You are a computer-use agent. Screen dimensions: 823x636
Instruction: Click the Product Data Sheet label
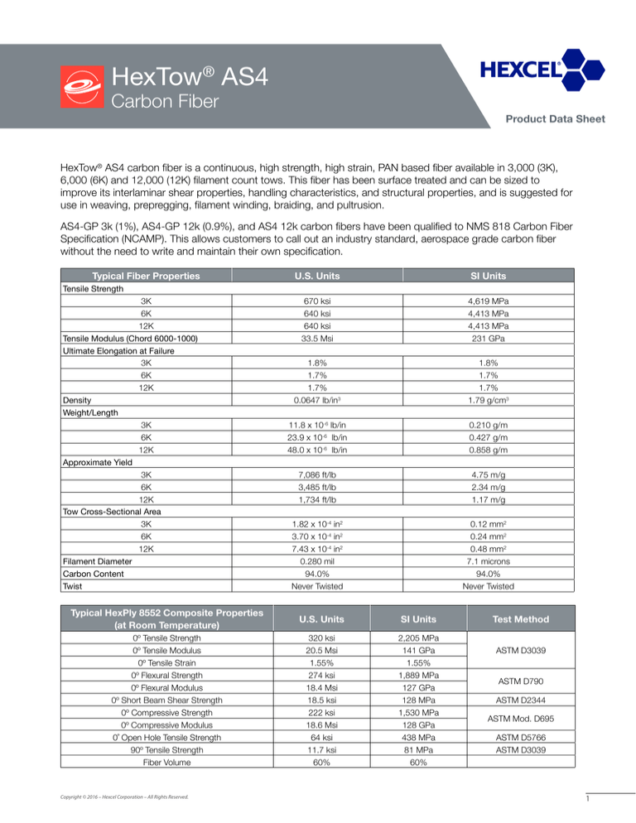560,119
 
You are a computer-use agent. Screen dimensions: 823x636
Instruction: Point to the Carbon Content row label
93,575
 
